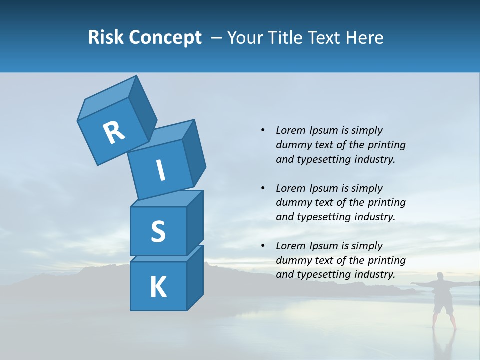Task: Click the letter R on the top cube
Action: coord(114,132)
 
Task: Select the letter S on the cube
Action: coord(158,231)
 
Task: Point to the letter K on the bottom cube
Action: coord(158,287)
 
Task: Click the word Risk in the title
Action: coord(107,38)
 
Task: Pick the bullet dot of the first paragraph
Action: coord(263,130)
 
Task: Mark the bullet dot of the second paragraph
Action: coord(263,188)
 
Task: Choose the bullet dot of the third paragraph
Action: coord(263,246)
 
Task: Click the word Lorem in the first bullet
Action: coord(290,130)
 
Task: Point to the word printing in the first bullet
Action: coord(386,145)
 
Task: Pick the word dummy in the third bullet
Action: coord(292,260)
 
